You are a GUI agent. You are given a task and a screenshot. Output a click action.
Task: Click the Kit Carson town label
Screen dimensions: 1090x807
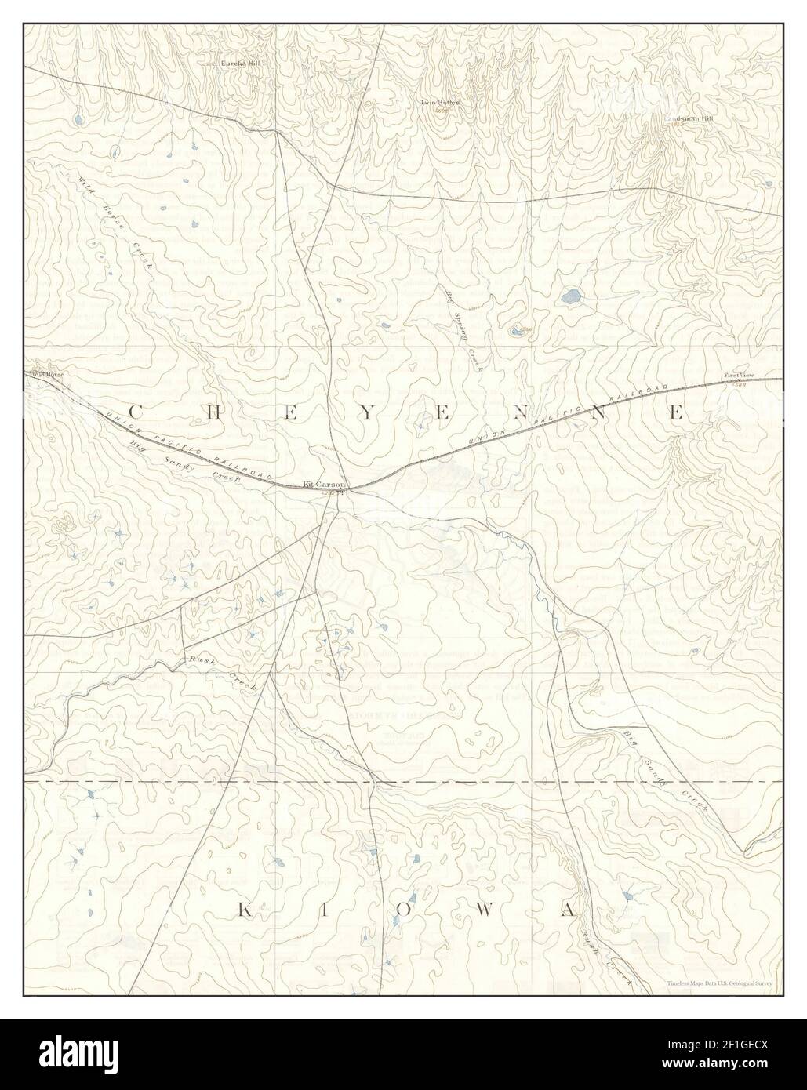(x=324, y=485)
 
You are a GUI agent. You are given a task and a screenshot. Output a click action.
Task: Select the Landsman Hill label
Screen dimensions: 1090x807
(x=690, y=118)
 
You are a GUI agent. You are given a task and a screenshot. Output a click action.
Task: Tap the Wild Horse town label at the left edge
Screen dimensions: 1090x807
(x=47, y=375)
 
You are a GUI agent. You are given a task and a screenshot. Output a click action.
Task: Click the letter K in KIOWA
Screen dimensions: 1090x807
(x=244, y=910)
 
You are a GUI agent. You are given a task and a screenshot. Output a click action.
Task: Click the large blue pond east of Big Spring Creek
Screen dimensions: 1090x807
(x=571, y=296)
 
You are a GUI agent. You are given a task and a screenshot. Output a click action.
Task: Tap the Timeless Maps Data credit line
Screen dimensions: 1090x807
(x=719, y=982)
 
